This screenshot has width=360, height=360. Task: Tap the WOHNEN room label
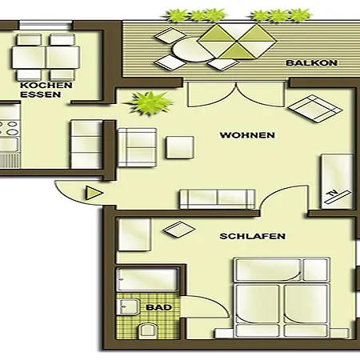coord(247,135)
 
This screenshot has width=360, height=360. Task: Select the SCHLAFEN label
coord(252,236)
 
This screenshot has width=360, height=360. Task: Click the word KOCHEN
coord(46,85)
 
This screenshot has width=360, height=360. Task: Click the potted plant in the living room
coord(148,102)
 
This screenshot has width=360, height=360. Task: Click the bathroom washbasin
coord(127,306)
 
